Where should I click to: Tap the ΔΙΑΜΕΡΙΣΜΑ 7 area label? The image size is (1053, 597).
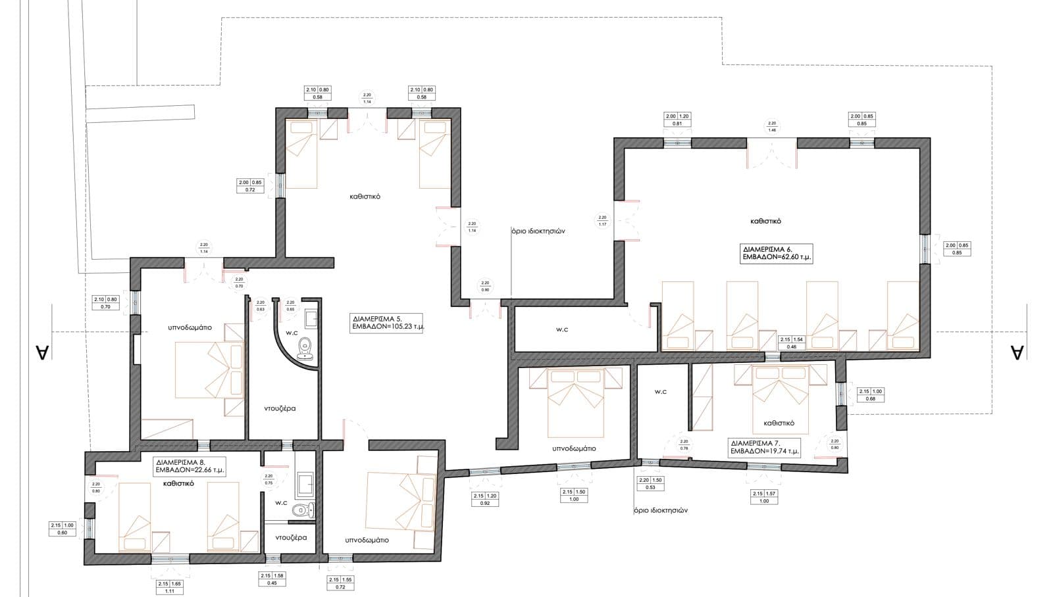[x=764, y=447]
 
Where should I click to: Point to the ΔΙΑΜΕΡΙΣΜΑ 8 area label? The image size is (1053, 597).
[x=190, y=466]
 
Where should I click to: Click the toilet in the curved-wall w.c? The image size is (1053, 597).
[x=305, y=346]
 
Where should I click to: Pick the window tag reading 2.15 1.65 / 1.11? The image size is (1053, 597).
[x=169, y=587]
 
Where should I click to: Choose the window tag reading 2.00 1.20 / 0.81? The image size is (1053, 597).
[x=678, y=120]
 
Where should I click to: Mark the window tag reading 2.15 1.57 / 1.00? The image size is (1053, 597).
[x=764, y=497]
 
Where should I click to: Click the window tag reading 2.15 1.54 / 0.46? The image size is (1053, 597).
[x=792, y=343]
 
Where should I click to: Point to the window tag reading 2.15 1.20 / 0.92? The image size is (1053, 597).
[x=485, y=499]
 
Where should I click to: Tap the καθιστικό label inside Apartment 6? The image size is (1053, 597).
[x=765, y=222]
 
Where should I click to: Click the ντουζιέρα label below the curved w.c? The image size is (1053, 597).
[x=280, y=408]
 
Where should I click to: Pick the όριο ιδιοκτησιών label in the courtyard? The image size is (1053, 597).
[x=538, y=231]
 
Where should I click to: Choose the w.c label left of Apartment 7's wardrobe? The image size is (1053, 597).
[x=661, y=392]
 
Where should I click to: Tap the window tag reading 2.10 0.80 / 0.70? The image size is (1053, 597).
[x=105, y=303]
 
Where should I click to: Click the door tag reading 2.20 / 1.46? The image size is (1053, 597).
[x=772, y=127]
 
